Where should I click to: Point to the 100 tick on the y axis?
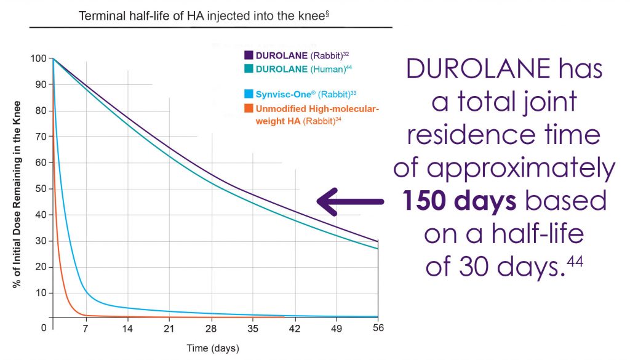tap(39, 58)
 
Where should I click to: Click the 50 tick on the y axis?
tap(41, 189)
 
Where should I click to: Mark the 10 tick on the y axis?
tap(41, 293)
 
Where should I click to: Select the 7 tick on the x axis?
tap(86, 328)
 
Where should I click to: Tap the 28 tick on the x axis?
tap(212, 328)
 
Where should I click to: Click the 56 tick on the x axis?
tap(378, 328)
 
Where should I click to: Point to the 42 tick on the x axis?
tap(296, 328)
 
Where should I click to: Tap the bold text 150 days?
tap(459, 201)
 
